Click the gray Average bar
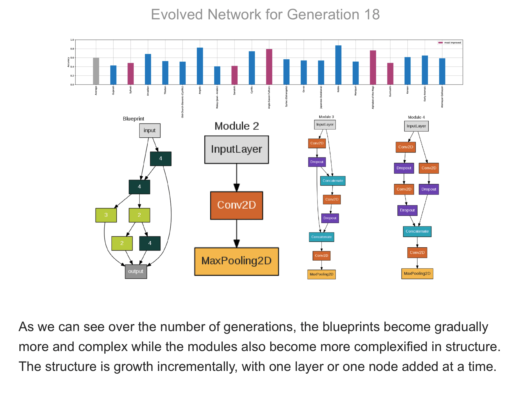click(x=96, y=71)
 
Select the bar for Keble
click(x=338, y=65)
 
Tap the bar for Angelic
click(x=200, y=66)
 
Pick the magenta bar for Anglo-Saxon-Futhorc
click(x=269, y=67)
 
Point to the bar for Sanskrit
click(x=235, y=75)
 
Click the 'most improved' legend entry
click(x=449, y=43)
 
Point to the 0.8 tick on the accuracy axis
click(x=72, y=49)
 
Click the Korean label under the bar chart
click(x=407, y=90)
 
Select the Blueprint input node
click(x=150, y=130)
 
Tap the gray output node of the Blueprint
click(x=136, y=271)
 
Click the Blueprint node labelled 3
click(x=106, y=215)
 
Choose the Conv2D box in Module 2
click(x=236, y=205)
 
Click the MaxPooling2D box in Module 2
click(x=236, y=261)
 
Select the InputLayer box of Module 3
click(x=325, y=125)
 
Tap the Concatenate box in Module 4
click(x=417, y=231)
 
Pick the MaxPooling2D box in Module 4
click(x=417, y=274)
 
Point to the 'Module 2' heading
click(x=237, y=126)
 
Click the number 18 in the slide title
click(x=372, y=14)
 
